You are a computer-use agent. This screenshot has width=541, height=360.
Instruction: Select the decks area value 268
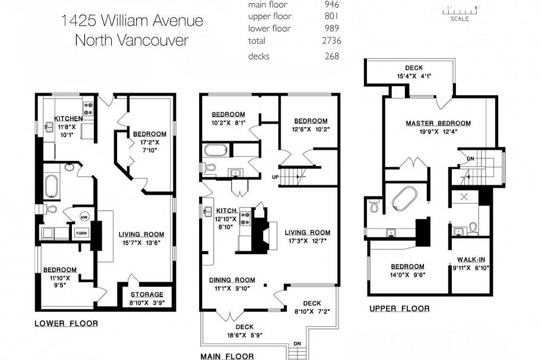click(332, 56)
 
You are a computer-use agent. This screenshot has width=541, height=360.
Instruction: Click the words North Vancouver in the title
click(131, 41)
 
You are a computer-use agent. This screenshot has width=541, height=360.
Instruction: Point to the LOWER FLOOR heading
click(66, 324)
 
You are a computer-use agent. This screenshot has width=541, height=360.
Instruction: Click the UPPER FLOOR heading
click(399, 308)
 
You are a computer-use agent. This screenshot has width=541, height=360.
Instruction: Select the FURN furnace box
click(81, 233)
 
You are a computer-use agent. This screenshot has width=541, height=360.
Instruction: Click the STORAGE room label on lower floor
click(147, 295)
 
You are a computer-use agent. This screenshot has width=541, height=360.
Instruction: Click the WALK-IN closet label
click(473, 259)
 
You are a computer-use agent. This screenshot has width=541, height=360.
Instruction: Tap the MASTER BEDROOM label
click(438, 124)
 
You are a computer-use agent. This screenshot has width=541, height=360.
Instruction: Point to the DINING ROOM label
click(232, 280)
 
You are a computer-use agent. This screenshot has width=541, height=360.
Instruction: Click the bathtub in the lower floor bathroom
click(51, 185)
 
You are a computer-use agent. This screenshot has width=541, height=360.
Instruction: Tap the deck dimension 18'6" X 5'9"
click(244, 335)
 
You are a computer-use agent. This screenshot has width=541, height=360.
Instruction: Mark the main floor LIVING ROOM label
click(307, 232)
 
